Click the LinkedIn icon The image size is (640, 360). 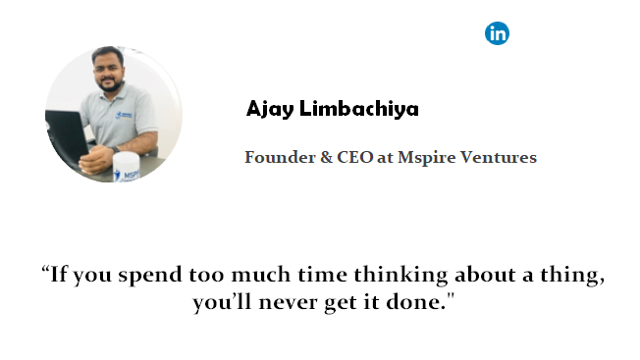coord(498,33)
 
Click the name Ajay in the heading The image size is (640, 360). coord(266,109)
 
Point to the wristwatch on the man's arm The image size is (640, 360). coord(139,149)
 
